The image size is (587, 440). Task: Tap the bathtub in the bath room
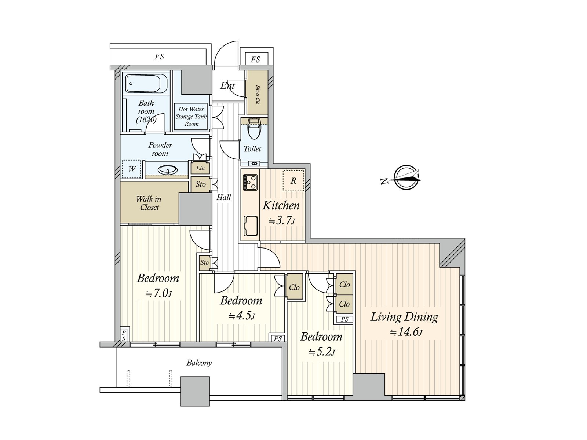[146, 83]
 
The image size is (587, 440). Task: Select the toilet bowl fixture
[254, 129]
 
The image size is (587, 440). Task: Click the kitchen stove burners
[251, 182]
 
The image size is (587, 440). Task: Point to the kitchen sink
[251, 226]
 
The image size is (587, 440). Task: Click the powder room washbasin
[167, 170]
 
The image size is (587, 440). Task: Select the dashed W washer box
[131, 169]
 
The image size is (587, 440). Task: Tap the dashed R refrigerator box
[293, 180]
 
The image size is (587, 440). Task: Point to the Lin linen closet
[200, 168]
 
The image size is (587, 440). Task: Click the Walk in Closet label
[149, 203]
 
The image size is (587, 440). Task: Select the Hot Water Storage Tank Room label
[191, 117]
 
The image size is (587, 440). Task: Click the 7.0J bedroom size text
[158, 293]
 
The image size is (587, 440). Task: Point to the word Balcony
[199, 363]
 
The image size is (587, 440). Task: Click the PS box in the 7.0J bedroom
[124, 335]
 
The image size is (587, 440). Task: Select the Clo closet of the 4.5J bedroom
[294, 287]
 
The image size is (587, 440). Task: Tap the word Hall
[223, 197]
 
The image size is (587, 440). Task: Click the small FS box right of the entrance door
[255, 59]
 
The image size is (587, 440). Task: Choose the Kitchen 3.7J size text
[281, 221]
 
